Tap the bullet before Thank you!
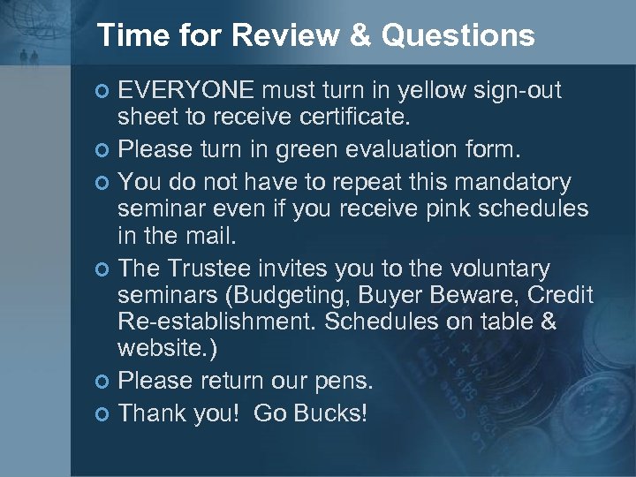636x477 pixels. click(103, 413)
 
